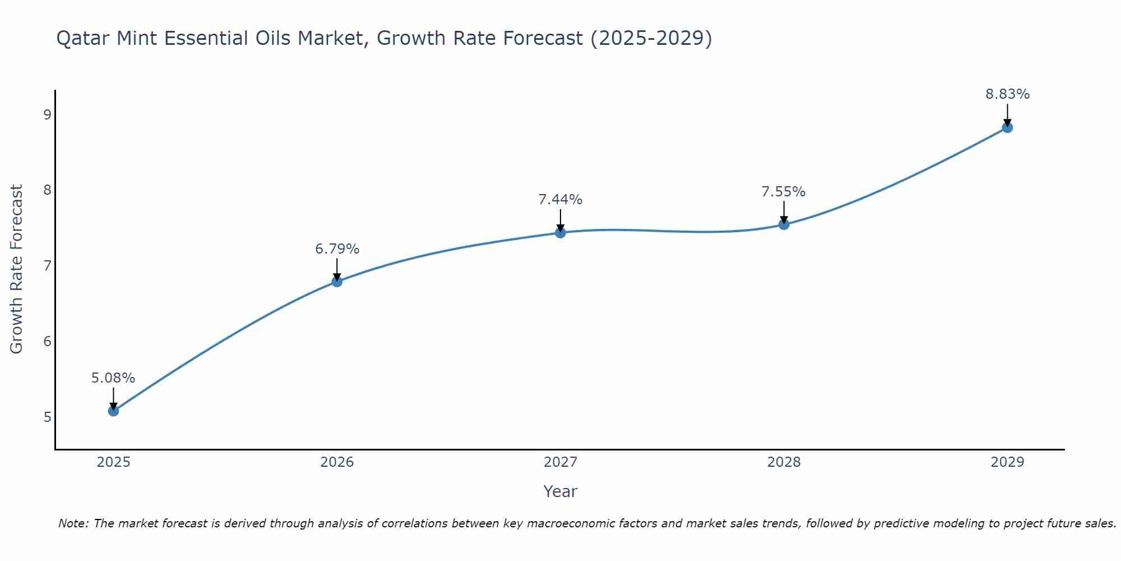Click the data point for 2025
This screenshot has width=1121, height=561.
(x=113, y=411)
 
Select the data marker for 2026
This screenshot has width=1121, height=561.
(x=337, y=282)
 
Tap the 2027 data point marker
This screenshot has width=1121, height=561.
(x=560, y=232)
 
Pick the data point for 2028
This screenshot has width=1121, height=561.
(x=784, y=224)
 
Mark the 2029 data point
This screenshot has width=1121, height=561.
(x=1007, y=127)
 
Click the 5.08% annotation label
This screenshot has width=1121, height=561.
(x=113, y=378)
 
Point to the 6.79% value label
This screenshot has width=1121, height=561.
(x=337, y=249)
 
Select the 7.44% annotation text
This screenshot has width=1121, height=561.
(x=560, y=200)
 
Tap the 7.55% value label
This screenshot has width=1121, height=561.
(x=784, y=192)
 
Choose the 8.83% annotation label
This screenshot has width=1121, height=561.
(x=1007, y=94)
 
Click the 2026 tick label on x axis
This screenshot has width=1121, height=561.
(x=337, y=462)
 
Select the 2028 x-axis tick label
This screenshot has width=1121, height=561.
(x=784, y=462)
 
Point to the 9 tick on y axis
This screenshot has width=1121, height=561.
(x=47, y=115)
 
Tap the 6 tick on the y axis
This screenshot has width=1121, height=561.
(x=47, y=342)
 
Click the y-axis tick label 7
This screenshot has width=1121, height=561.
(x=47, y=265)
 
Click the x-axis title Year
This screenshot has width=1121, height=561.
(x=560, y=491)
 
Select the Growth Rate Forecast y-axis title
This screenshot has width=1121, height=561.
(x=17, y=269)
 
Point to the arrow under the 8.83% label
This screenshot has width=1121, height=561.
(x=1007, y=114)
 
